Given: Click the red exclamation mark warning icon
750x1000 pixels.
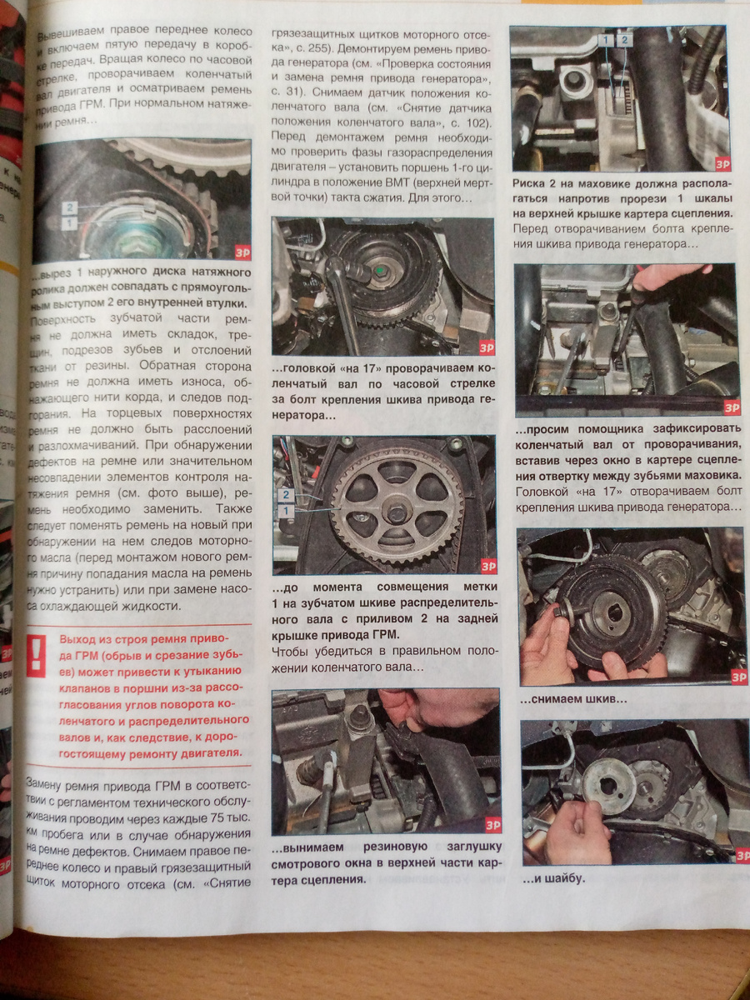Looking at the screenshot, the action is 37,657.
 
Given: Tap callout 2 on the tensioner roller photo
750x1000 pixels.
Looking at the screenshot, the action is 69,207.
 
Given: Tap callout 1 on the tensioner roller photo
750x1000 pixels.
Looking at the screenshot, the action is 69,223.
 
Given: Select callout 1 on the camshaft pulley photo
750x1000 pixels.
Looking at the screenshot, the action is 286,511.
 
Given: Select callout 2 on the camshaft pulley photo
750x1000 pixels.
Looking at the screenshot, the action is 286,495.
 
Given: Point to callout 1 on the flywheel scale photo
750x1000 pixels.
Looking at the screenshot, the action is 606,40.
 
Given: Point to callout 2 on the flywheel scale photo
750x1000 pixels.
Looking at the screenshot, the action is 624,40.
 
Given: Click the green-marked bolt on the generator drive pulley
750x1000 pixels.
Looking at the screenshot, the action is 379,271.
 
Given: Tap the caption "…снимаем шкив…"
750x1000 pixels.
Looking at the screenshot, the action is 573,699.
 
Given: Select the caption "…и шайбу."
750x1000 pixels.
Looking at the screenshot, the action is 553,879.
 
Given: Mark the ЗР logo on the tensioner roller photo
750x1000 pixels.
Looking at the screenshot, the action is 242,252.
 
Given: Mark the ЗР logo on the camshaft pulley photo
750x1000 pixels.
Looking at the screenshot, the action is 488,567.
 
